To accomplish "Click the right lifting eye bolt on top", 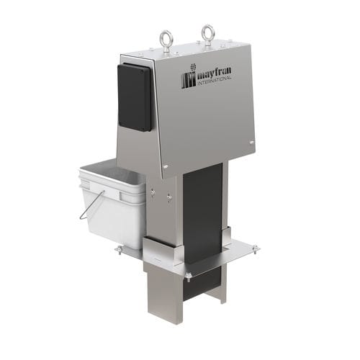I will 207,33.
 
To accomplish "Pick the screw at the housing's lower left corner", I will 166,168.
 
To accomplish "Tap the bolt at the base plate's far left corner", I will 119,250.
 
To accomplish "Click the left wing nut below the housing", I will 153,192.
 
